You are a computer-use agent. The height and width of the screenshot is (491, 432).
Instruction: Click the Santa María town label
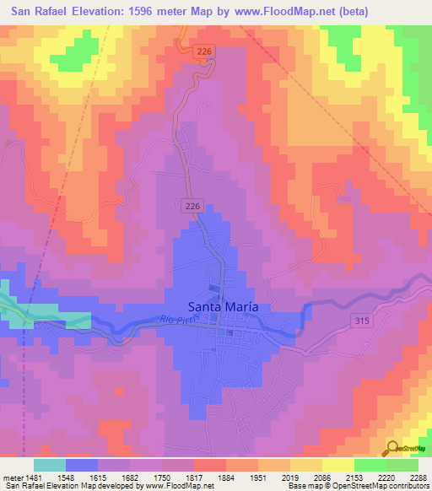(222, 307)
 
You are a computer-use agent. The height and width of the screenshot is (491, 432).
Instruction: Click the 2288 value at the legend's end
(417, 478)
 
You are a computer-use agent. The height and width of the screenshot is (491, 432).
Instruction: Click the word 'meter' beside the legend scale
(10, 478)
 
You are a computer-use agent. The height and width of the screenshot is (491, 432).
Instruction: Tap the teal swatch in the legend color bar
(49, 465)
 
